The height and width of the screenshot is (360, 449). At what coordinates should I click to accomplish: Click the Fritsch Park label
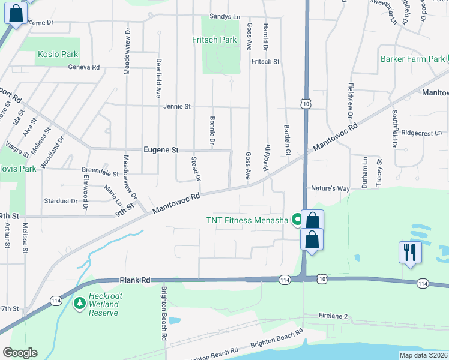[214, 40]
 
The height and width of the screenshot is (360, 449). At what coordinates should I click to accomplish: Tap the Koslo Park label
[58, 54]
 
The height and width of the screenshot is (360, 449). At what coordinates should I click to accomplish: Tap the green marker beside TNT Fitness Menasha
[296, 220]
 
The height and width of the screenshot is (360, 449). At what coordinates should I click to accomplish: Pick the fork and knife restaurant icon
[411, 253]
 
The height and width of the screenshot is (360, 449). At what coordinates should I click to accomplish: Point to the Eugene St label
[161, 149]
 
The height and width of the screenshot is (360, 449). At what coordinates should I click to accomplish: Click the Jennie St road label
[176, 106]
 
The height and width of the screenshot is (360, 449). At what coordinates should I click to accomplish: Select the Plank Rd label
[134, 280]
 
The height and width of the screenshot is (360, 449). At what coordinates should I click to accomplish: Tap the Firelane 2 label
[334, 316]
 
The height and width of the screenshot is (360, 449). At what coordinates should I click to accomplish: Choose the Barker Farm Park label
[412, 59]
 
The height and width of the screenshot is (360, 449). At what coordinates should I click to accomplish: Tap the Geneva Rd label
[83, 67]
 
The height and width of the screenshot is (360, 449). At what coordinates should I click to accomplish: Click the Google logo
[20, 353]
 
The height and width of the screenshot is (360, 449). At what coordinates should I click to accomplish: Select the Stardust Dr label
[61, 201]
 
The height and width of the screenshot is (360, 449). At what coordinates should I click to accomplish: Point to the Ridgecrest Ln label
[421, 133]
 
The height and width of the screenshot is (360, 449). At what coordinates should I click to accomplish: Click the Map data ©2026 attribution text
[423, 355]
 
